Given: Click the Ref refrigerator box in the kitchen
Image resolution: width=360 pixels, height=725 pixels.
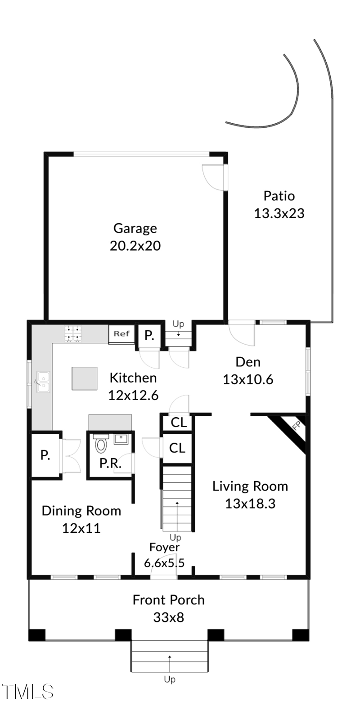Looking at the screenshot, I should click(x=121, y=334).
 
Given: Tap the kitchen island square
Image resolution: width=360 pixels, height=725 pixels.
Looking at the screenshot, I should click(x=85, y=378).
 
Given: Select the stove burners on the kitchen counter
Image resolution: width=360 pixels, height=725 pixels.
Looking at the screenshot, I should click(x=73, y=333).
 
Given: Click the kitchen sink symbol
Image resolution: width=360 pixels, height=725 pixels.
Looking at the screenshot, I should click(x=43, y=382).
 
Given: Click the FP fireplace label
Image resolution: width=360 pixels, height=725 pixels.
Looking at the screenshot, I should click(x=296, y=426).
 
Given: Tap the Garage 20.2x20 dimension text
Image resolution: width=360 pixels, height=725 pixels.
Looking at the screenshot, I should click(x=135, y=246).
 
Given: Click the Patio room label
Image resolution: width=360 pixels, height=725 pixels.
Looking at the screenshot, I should click(x=279, y=196).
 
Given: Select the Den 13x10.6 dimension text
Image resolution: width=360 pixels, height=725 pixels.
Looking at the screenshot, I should click(x=248, y=379).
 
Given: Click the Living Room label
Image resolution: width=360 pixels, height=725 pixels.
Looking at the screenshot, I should click(x=250, y=486).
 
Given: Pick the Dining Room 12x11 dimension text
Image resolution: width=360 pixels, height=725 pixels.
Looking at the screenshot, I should click(x=81, y=528).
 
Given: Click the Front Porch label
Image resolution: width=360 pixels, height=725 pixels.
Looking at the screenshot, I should click(x=168, y=600).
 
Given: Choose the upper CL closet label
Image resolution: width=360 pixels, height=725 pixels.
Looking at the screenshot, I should click(x=178, y=423).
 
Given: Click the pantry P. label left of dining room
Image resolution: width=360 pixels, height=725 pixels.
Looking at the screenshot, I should click(x=45, y=455).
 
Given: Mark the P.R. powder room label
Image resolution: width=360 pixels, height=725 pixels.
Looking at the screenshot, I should click(x=110, y=463).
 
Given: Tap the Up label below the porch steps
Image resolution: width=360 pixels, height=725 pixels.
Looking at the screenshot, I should click(x=170, y=680).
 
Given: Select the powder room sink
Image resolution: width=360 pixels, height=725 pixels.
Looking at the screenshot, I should click(x=121, y=438).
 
